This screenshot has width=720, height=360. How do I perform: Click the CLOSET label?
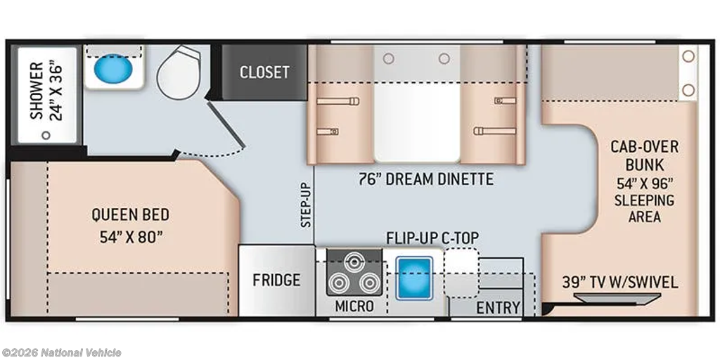[x=264, y=72]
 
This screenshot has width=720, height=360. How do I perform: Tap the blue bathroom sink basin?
[x=113, y=68]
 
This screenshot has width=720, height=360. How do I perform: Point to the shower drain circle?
[x=46, y=135]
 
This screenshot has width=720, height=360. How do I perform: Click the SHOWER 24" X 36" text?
[x=46, y=91]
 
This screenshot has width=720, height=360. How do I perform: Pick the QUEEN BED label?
[x=130, y=214]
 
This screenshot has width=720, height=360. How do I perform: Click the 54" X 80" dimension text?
[x=131, y=237]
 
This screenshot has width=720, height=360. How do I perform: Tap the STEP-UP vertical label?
[x=307, y=205]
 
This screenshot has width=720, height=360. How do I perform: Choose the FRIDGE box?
[x=276, y=280]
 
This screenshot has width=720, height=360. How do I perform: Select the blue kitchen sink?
[x=414, y=278]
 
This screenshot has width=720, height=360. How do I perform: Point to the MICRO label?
[x=354, y=307]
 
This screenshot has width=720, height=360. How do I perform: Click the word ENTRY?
[x=499, y=307]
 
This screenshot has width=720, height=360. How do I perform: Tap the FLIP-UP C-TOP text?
[x=432, y=238]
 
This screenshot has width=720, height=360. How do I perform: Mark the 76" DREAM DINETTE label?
[x=426, y=179]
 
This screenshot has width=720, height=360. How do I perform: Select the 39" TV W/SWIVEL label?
[x=620, y=282]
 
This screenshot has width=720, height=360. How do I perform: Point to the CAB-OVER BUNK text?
[x=644, y=155]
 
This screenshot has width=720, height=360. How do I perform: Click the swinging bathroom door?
[x=226, y=123]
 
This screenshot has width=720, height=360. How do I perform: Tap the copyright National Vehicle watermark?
[x=61, y=353]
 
